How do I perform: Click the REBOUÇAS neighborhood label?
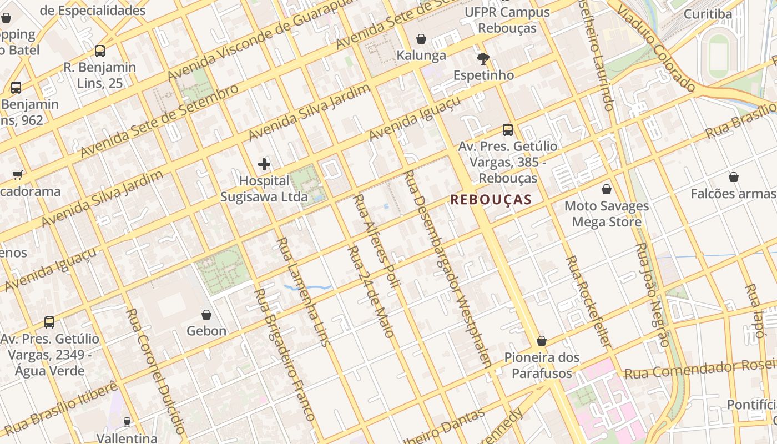click(x=491, y=200)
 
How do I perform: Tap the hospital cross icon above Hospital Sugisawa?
click(x=264, y=164)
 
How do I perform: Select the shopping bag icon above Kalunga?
click(x=421, y=39)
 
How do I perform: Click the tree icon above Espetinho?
click(x=483, y=58)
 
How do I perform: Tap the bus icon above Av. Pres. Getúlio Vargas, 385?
click(x=507, y=130)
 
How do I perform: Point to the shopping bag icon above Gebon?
click(x=206, y=315)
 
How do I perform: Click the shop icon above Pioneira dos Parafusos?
click(x=541, y=341)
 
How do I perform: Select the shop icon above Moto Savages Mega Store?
click(x=607, y=189)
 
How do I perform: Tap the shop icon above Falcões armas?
click(x=734, y=177)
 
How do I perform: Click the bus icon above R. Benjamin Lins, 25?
click(x=100, y=51)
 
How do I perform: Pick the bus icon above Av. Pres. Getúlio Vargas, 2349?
click(x=49, y=322)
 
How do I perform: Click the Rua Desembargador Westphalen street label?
click(x=448, y=269)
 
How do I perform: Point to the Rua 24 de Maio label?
click(x=371, y=291)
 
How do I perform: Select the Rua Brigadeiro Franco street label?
click(x=285, y=355)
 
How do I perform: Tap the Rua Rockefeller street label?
click(x=588, y=302)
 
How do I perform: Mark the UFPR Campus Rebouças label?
click(x=507, y=20)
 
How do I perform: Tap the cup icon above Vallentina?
click(x=127, y=422)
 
